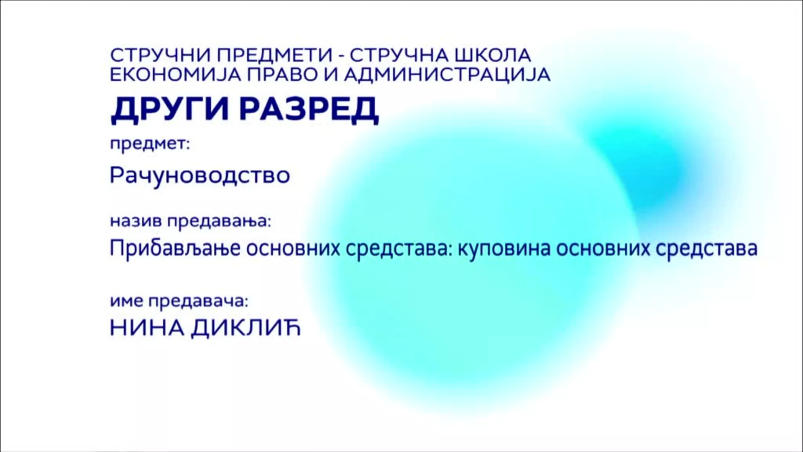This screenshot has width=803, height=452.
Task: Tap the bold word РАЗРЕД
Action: pos(310,109)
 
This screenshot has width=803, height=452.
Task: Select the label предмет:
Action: pos(150,145)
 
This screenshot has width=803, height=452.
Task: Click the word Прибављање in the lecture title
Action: pos(175,249)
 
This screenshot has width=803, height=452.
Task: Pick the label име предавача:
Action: pos(179,302)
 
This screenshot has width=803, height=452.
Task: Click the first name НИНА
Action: pos(147,329)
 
